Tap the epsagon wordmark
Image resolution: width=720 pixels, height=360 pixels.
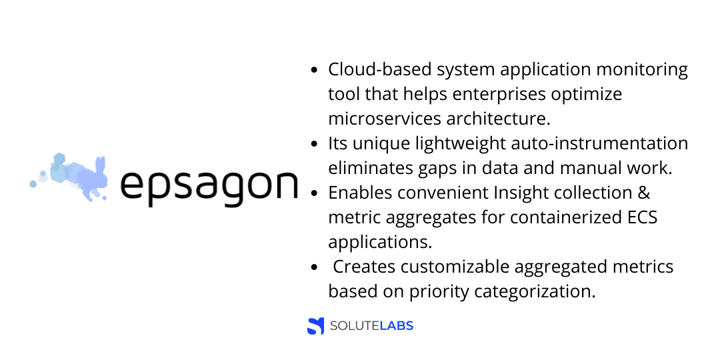click(x=209, y=186)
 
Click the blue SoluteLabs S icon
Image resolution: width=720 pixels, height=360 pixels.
click(x=315, y=326)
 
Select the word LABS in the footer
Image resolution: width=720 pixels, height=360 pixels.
click(x=397, y=326)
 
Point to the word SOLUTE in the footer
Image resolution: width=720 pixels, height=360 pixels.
click(x=355, y=326)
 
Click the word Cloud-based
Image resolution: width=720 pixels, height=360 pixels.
click(x=379, y=70)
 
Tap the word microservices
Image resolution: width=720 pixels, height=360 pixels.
click(x=384, y=119)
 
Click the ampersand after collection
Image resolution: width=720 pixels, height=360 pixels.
click(x=644, y=193)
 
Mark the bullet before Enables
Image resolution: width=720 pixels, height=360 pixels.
click(x=314, y=193)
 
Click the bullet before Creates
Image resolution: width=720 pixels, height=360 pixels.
click(x=314, y=267)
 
